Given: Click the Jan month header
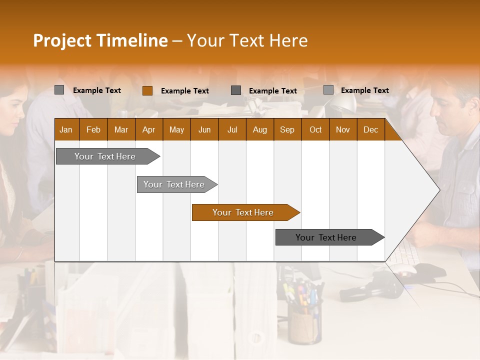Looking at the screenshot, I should (66, 130).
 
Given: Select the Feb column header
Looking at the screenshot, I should (93, 130).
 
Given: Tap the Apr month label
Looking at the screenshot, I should (148, 130).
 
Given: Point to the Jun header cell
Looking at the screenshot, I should (204, 130).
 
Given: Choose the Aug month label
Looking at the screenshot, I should (259, 130).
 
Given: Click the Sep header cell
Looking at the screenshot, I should (287, 130).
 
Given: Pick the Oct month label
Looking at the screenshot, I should (315, 130).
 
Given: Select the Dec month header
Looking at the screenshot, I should (370, 130).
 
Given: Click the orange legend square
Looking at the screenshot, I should (147, 90).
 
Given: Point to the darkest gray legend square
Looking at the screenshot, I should (236, 90).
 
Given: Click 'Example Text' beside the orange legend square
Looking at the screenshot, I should (185, 91).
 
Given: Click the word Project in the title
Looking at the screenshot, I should (62, 40).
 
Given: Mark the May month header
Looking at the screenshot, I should (176, 130).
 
